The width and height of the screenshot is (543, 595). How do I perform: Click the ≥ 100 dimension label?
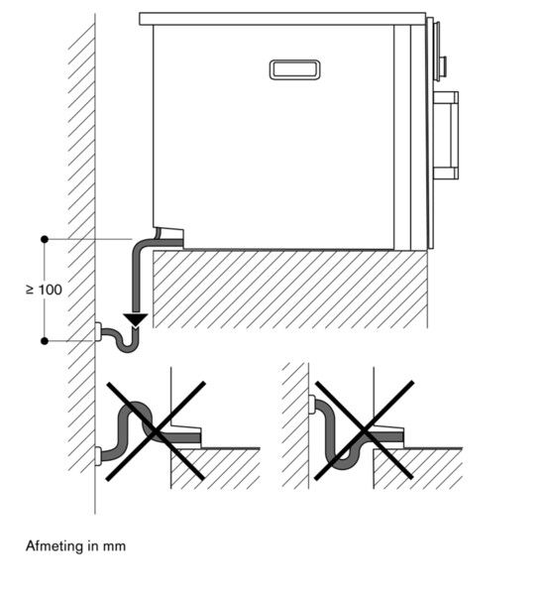pyautogui.click(x=44, y=290)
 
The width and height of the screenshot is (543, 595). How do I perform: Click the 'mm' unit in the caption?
pyautogui.click(x=114, y=546)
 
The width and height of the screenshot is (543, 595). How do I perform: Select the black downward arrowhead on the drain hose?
pyautogui.click(x=136, y=319)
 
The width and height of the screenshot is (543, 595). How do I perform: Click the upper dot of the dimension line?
pyautogui.click(x=45, y=239)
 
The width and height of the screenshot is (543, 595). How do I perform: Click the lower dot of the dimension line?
pyautogui.click(x=45, y=341)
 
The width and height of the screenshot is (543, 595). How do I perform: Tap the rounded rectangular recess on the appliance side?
pyautogui.click(x=294, y=70)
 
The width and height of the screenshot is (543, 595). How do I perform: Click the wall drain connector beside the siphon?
pyautogui.click(x=98, y=332)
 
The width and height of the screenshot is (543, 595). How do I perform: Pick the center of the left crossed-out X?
pyautogui.click(x=156, y=431)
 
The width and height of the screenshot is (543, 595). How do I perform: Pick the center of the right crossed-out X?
pyautogui.click(x=364, y=431)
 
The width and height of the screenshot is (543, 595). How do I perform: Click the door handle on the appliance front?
pyautogui.click(x=446, y=136)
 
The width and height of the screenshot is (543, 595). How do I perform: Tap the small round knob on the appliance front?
pyautogui.click(x=442, y=65)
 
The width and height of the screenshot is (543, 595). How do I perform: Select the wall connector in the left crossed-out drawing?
pyautogui.click(x=98, y=456)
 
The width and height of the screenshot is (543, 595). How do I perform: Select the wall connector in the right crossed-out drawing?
pyautogui.click(x=312, y=405)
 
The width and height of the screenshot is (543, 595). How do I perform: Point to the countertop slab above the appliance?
pyautogui.click(x=282, y=19)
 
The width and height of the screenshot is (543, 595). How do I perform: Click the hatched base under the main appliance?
pyautogui.click(x=290, y=290)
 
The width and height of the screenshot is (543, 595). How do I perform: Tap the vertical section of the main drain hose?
pyautogui.click(x=136, y=281)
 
